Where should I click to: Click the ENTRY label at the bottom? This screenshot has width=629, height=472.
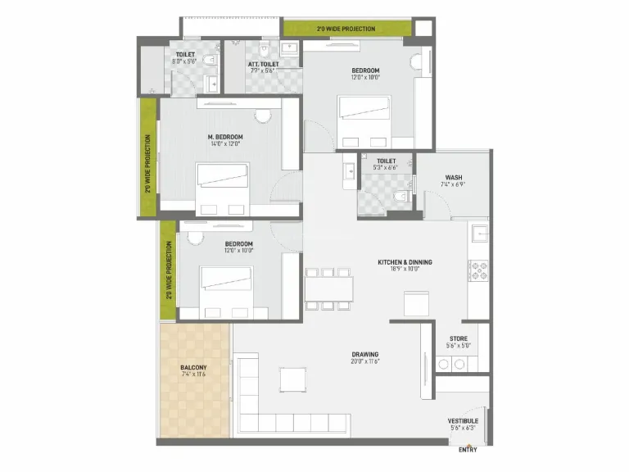click(x=468, y=449)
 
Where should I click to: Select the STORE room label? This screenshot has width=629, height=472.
click(x=459, y=338)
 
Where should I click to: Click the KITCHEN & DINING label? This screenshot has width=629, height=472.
click(x=405, y=262)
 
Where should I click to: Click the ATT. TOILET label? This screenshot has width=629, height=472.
click(x=264, y=64)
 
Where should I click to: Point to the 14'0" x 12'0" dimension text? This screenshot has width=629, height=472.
click(x=224, y=144)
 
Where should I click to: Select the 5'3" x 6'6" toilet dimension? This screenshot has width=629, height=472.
click(x=386, y=168)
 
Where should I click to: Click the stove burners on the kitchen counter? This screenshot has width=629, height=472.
click(x=477, y=270)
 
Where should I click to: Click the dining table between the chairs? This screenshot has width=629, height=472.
click(x=328, y=288)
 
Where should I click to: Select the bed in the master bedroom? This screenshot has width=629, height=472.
click(x=222, y=181)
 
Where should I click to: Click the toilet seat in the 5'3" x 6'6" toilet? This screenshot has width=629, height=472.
click(x=400, y=197)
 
